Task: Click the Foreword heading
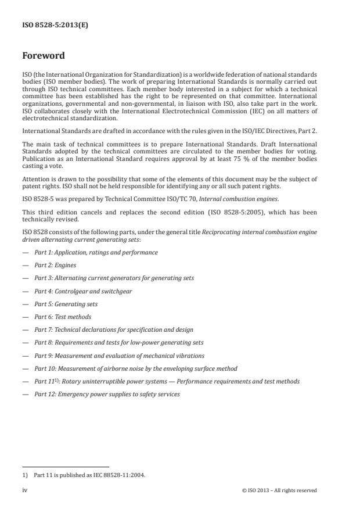[43, 56]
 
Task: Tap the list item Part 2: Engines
[55, 266]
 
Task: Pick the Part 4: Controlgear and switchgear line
[83, 291]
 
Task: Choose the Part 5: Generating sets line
[66, 304]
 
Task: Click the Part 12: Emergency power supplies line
[107, 395]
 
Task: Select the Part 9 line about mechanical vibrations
[119, 356]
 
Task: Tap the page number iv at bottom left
[25, 490]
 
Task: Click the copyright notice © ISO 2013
[279, 490]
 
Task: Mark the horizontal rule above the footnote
[66, 467]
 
